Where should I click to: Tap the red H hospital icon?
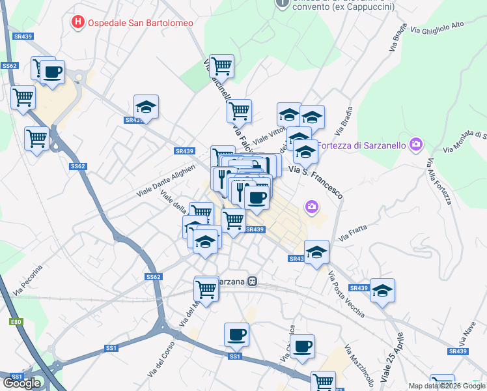coord(78,22)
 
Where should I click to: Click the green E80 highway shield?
coord(16,321)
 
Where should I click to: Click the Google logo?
coord(21,383)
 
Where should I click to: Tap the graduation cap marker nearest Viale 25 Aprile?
coord(382,290)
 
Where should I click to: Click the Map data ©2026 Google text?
coord(446,386)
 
